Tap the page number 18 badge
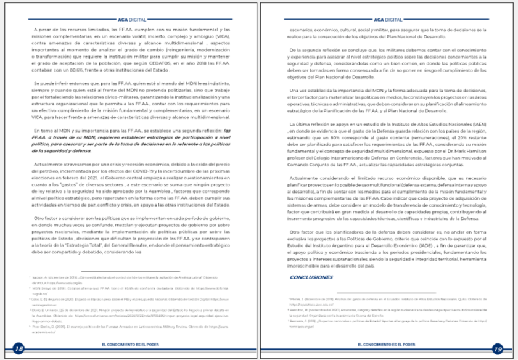click(x=18, y=349)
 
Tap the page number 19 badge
click(x=498, y=349)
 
